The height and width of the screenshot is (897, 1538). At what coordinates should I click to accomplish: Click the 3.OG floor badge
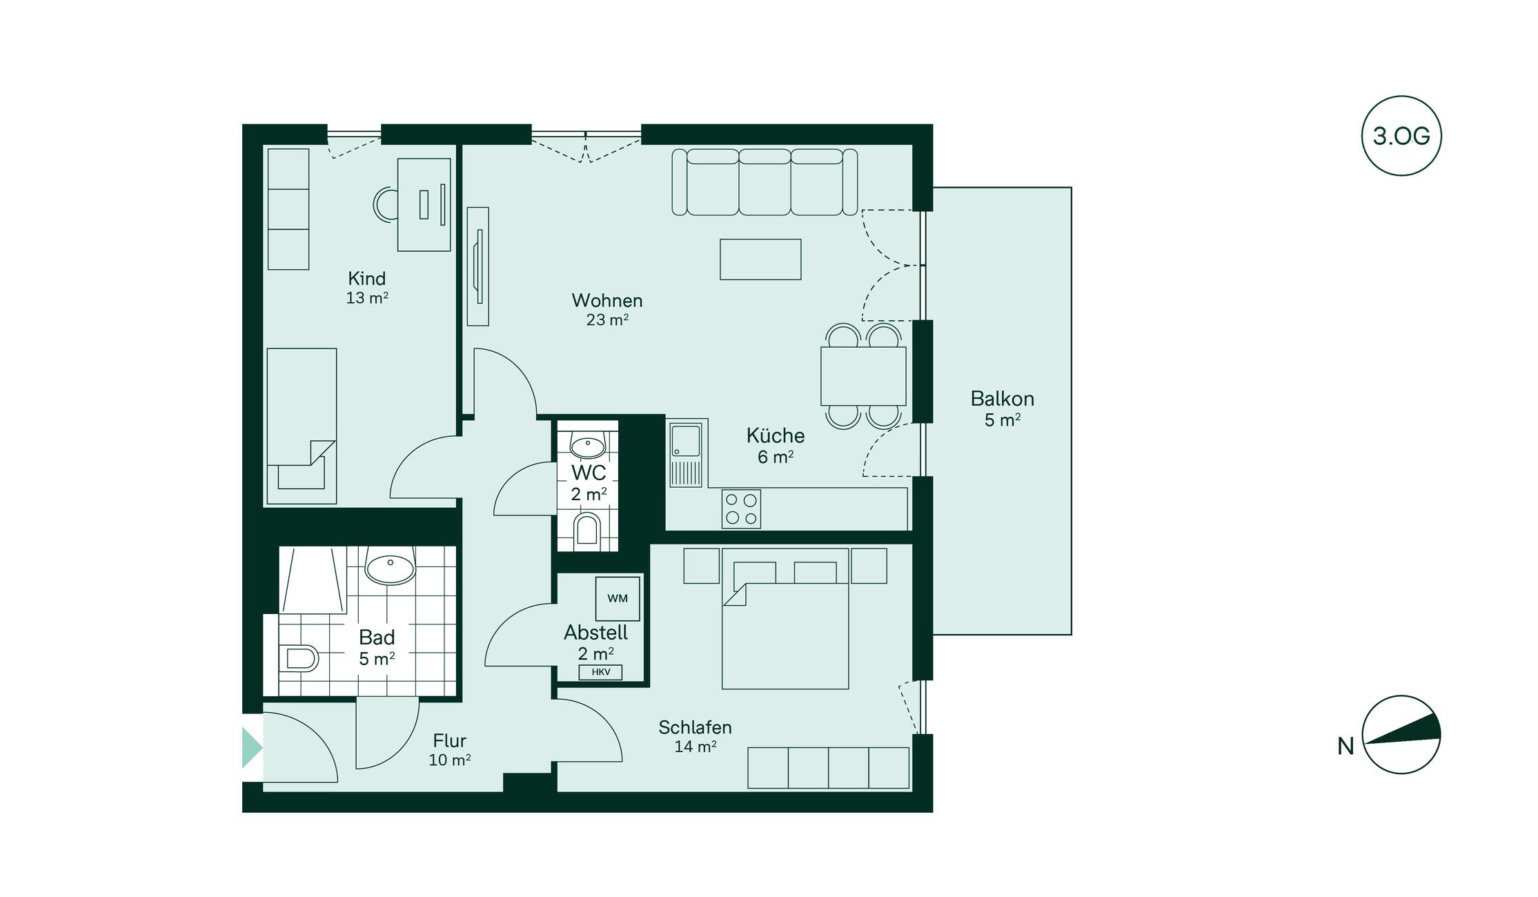pyautogui.click(x=1401, y=135)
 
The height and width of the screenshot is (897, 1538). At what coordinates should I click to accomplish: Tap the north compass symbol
pyautogui.click(x=1401, y=734)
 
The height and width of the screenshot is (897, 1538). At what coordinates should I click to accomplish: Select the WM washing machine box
pyautogui.click(x=618, y=598)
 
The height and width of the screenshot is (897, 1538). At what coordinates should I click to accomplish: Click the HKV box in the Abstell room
pyautogui.click(x=600, y=672)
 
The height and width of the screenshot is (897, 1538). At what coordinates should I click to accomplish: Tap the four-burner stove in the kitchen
pyautogui.click(x=741, y=509)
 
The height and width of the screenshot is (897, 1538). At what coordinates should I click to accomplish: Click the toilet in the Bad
pyautogui.click(x=299, y=659)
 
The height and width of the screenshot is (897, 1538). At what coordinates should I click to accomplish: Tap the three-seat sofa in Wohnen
pyautogui.click(x=765, y=182)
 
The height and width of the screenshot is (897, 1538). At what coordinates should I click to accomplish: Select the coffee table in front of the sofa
pyautogui.click(x=760, y=259)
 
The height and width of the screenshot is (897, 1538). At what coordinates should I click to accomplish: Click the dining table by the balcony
pyautogui.click(x=863, y=376)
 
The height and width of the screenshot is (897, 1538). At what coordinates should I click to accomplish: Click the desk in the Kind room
pyautogui.click(x=424, y=205)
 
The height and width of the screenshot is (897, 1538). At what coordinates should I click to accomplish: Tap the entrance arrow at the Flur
pyautogui.click(x=252, y=747)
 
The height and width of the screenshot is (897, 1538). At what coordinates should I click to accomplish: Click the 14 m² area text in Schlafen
pyautogui.click(x=696, y=747)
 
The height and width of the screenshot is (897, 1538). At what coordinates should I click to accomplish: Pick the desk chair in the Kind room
pyautogui.click(x=385, y=204)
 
